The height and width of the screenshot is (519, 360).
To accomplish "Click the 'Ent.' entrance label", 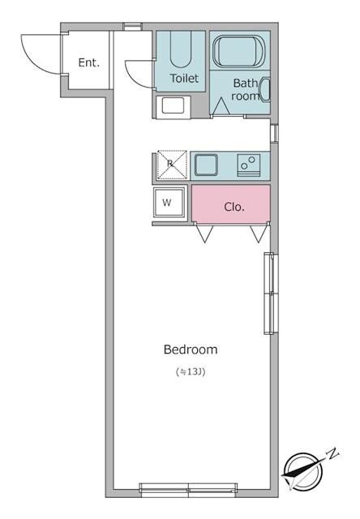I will point(88,62).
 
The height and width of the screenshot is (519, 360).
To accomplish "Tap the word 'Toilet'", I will point(184,79).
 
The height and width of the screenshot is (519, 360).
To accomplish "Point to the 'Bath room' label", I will point(246,88).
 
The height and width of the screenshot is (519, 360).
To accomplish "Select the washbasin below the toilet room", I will point(174,105).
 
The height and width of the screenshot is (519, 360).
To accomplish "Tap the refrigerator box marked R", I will point(170,164).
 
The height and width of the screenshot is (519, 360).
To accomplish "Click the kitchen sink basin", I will point(205,165).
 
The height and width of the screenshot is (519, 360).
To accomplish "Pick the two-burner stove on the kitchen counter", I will point(248,165).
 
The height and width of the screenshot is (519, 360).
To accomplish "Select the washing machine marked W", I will point(168,202).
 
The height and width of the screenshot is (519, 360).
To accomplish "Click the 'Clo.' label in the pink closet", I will point(234,206).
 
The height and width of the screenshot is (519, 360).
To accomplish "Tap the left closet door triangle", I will point(204,234).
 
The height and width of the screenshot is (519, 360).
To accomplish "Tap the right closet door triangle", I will point(258,234).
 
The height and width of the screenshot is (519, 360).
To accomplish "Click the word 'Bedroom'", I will point(191,350).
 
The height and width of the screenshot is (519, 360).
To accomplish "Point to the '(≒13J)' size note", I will point(191,372).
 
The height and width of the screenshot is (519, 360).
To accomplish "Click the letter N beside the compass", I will point(332,453).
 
